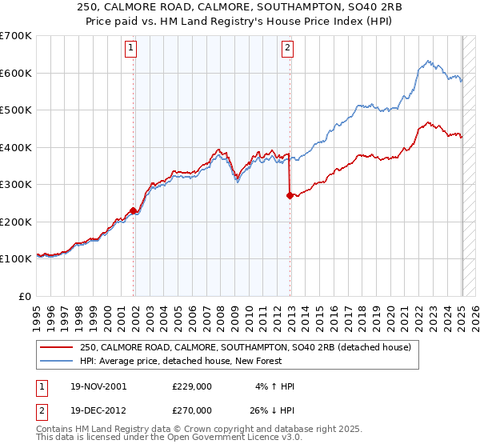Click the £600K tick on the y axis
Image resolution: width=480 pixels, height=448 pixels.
point(17,73)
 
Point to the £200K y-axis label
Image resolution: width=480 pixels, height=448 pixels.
point(17,222)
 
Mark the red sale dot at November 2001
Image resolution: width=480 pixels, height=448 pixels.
point(134,211)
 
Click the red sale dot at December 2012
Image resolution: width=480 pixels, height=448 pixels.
point(290,195)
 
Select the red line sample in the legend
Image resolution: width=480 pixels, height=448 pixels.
point(58,347)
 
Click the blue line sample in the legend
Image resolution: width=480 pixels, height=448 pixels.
point(58,361)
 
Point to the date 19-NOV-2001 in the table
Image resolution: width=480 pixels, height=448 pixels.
point(98,386)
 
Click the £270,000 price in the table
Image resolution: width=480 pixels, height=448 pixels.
point(191,410)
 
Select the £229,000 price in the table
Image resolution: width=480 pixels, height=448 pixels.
point(191,386)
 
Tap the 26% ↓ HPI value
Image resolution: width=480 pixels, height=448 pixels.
point(272,410)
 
